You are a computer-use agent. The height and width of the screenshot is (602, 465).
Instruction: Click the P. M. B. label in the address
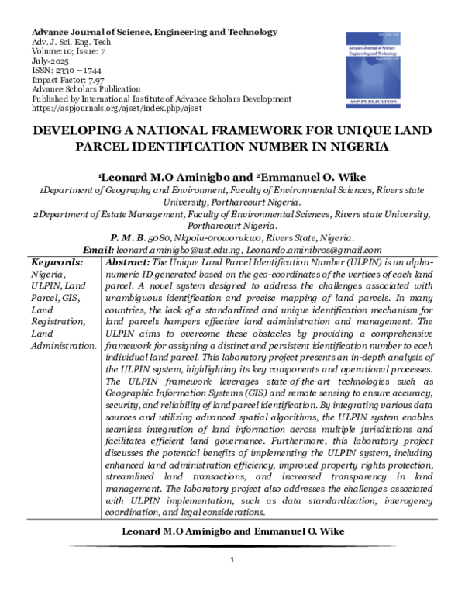click(131, 238)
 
